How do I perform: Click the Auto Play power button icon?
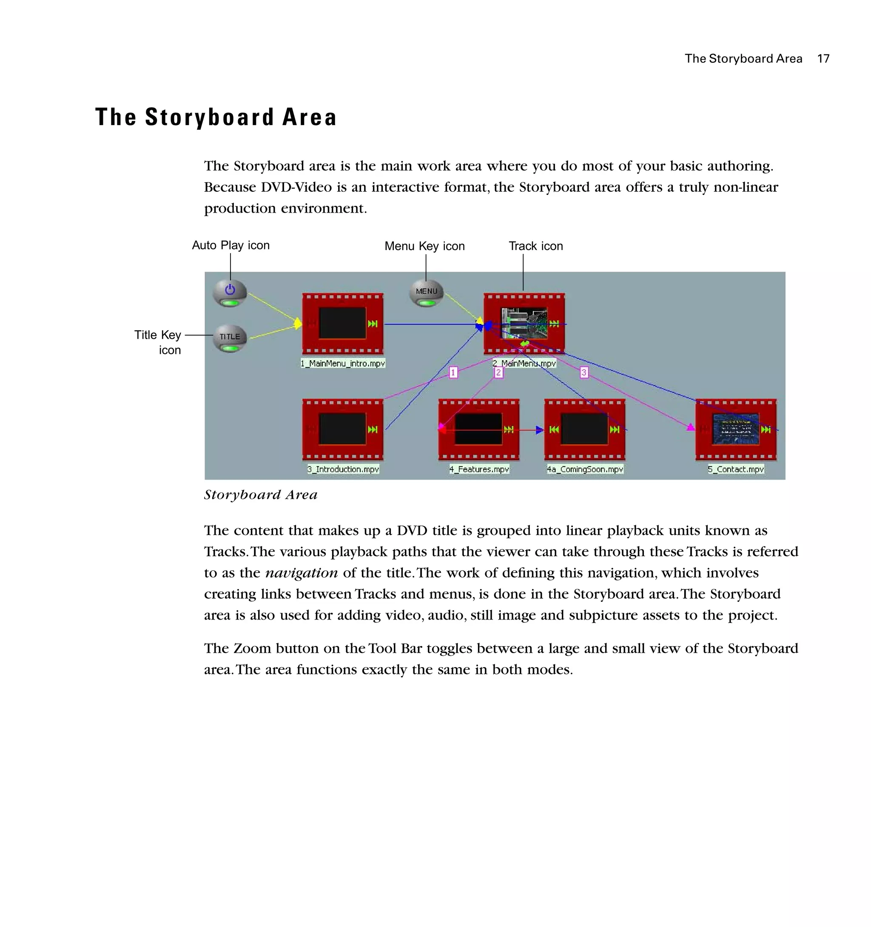(230, 293)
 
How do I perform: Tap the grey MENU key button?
(426, 293)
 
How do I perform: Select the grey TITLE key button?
(230, 338)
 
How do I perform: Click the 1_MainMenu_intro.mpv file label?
(343, 363)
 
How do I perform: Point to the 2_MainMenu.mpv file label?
(524, 363)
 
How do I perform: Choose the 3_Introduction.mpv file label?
(343, 469)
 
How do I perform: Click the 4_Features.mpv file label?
(479, 469)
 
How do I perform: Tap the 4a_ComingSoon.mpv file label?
(585, 469)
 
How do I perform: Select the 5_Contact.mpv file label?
(736, 469)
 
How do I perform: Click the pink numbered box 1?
(453, 372)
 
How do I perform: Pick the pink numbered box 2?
(498, 372)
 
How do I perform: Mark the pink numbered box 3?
(584, 372)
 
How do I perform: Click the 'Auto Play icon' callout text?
(231, 245)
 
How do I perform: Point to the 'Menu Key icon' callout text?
(424, 246)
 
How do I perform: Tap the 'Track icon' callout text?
(536, 246)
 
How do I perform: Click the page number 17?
(823, 59)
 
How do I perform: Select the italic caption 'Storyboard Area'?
(261, 495)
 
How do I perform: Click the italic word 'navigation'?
(301, 573)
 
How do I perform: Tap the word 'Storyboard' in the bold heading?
(209, 117)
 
